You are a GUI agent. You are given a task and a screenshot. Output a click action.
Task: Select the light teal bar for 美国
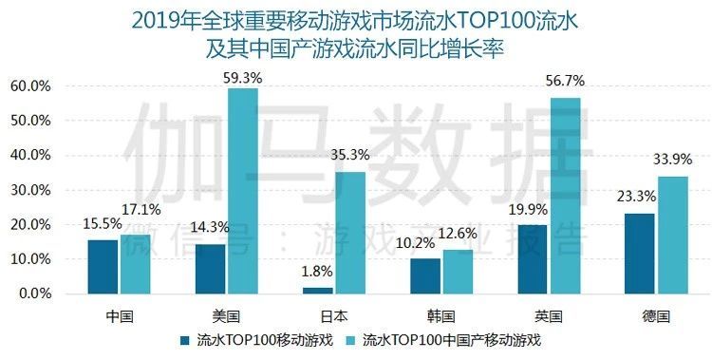pos(243,190)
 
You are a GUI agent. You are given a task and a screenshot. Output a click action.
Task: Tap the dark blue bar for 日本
pos(318,290)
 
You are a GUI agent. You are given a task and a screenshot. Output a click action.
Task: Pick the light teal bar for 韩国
pos(458,271)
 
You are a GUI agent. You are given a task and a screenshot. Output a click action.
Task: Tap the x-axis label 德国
pos(656,313)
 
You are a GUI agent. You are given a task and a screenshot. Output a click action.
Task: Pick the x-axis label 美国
pos(227,313)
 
